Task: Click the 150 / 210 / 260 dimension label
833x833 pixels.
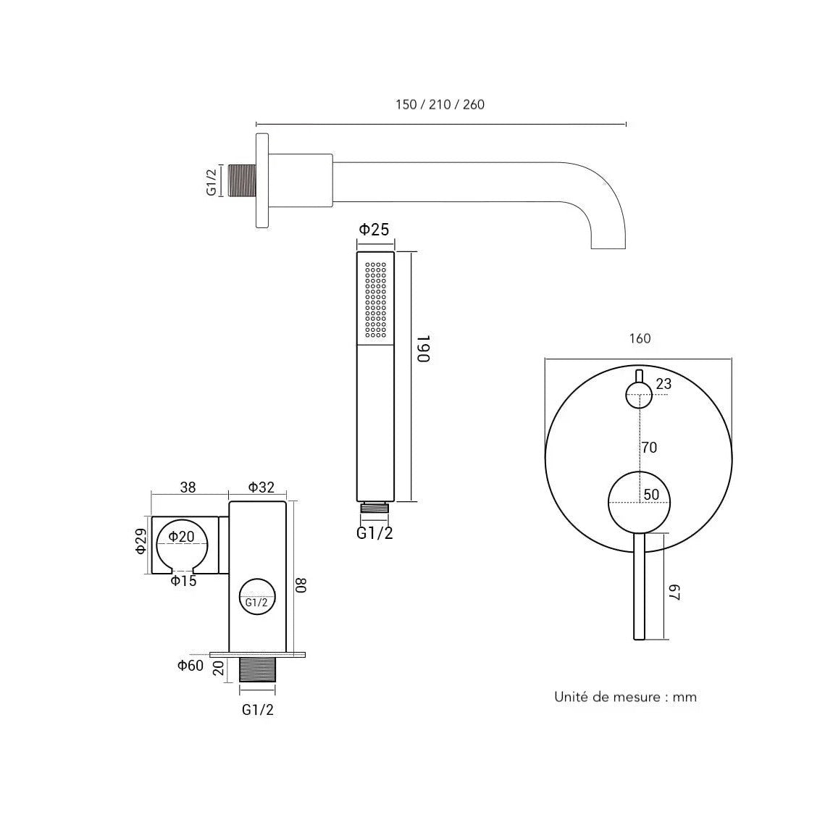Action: pyautogui.click(x=440, y=104)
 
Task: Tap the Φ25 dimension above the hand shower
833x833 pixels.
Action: pyautogui.click(x=374, y=230)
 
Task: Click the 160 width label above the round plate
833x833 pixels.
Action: pyautogui.click(x=640, y=338)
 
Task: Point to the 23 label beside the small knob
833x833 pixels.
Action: pyautogui.click(x=664, y=384)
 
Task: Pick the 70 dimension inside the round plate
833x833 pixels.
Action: pyautogui.click(x=649, y=448)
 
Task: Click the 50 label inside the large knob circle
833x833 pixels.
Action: pyautogui.click(x=651, y=495)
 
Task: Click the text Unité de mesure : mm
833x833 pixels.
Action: pyautogui.click(x=625, y=697)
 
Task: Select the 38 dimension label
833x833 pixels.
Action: pyautogui.click(x=188, y=487)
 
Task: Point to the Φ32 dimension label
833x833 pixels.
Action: pyautogui.click(x=261, y=487)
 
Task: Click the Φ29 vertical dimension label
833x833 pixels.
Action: pyautogui.click(x=141, y=540)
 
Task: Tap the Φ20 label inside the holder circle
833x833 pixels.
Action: pyautogui.click(x=181, y=537)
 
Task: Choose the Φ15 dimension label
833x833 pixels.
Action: pyautogui.click(x=183, y=581)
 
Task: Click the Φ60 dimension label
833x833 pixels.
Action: pyautogui.click(x=191, y=666)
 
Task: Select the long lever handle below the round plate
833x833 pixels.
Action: pyautogui.click(x=639, y=586)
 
